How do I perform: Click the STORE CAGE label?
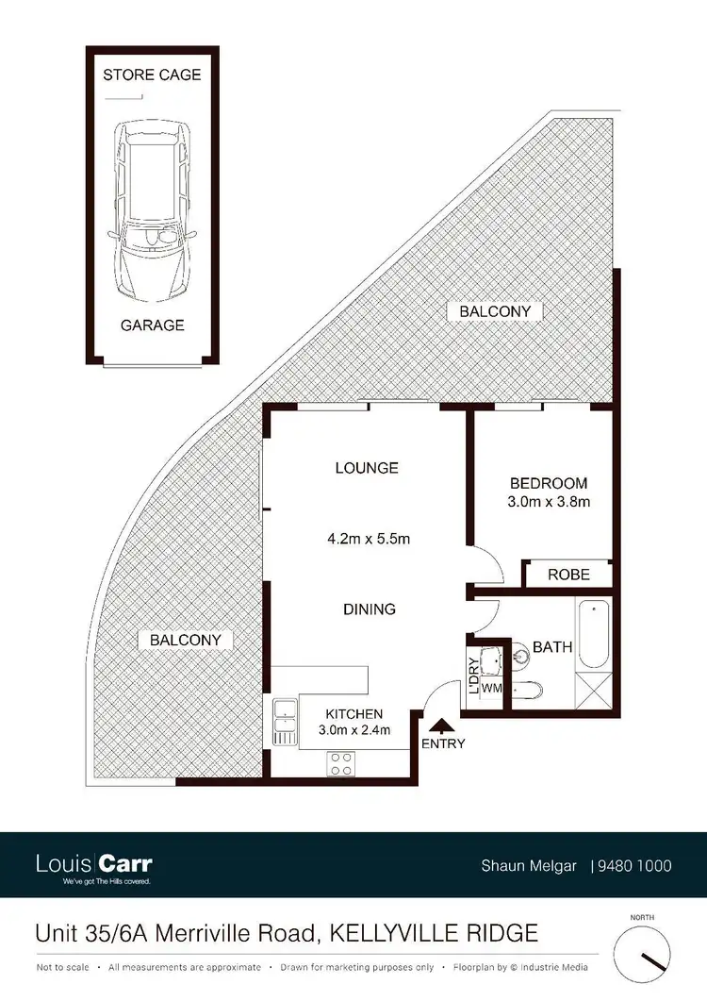(152, 75)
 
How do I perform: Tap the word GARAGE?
(152, 325)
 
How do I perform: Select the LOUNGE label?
(367, 468)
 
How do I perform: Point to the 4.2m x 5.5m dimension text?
(367, 540)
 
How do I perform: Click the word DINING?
(370, 609)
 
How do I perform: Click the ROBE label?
(568, 575)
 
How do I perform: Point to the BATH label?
(552, 648)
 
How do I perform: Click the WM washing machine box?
(491, 689)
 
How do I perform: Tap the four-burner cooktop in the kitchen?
(339, 763)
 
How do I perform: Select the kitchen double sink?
(284, 722)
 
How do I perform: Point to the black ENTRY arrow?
(439, 725)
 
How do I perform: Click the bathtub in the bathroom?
(594, 634)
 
